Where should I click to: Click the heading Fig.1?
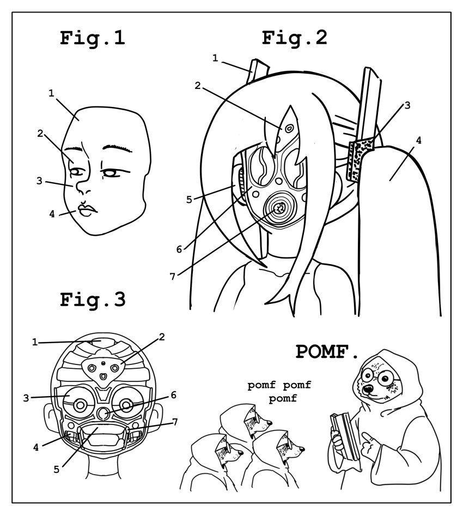click(x=92, y=40)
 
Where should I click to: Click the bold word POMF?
click(x=327, y=352)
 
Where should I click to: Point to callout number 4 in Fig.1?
click(x=52, y=214)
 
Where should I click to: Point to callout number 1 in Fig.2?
click(x=216, y=58)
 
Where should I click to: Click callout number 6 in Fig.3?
click(x=174, y=394)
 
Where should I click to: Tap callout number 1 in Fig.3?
click(x=34, y=343)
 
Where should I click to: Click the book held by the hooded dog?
click(x=344, y=435)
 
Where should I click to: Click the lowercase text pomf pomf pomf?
click(x=278, y=392)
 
